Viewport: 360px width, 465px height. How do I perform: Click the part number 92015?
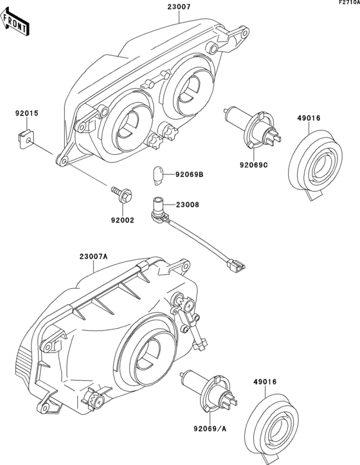tap(27, 113)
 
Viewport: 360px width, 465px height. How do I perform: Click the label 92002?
tap(122, 220)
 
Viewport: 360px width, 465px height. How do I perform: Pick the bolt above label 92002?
tap(120, 191)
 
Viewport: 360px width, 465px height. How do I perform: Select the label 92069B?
tap(190, 174)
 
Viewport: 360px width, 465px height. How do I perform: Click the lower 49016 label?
tap(264, 381)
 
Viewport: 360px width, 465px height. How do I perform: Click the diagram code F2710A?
tap(348, 3)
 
